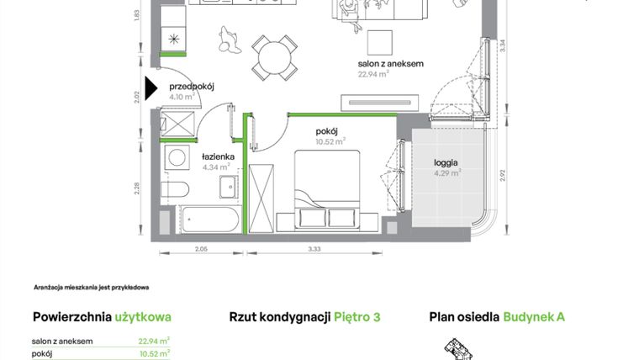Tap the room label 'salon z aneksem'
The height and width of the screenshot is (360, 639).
390,63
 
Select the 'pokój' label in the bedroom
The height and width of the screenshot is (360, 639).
327,130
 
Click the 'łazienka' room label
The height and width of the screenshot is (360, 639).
217,156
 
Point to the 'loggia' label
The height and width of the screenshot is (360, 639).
446,162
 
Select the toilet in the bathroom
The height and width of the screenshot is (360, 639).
174,188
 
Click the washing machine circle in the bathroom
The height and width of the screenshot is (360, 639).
177,157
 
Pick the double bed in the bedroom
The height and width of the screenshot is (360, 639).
327,189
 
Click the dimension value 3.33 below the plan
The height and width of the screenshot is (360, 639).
314,250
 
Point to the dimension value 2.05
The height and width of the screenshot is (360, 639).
200,250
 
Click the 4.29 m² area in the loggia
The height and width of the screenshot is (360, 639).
446,173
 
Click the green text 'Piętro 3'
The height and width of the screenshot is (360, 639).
357,317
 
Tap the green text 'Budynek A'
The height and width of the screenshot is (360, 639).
534,317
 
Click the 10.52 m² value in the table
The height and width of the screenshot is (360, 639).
154,353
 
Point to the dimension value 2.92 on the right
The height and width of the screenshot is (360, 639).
502,175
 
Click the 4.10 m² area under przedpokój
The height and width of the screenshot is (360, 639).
182,96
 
